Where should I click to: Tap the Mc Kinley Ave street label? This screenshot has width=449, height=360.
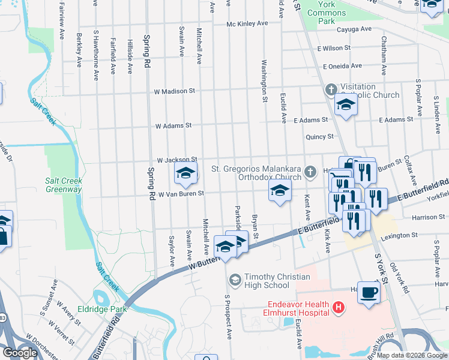(247, 23)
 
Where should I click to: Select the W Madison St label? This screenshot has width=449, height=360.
(175, 91)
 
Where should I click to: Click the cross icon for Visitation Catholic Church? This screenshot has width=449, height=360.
(330, 90)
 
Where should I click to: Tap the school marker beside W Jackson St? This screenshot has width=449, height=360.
(186, 173)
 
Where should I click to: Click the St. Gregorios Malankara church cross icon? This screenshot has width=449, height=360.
(310, 172)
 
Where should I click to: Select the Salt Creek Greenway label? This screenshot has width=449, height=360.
(64, 185)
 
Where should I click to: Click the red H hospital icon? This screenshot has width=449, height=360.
(339, 308)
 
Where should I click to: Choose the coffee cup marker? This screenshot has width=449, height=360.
(369, 292)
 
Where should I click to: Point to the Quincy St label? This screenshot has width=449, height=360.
(319, 137)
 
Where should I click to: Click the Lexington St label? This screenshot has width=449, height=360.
(397, 235)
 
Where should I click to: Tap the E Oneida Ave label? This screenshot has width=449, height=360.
(342, 66)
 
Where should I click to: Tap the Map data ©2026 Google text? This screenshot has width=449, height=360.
(412, 355)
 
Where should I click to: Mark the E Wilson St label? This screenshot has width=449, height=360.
(334, 48)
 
